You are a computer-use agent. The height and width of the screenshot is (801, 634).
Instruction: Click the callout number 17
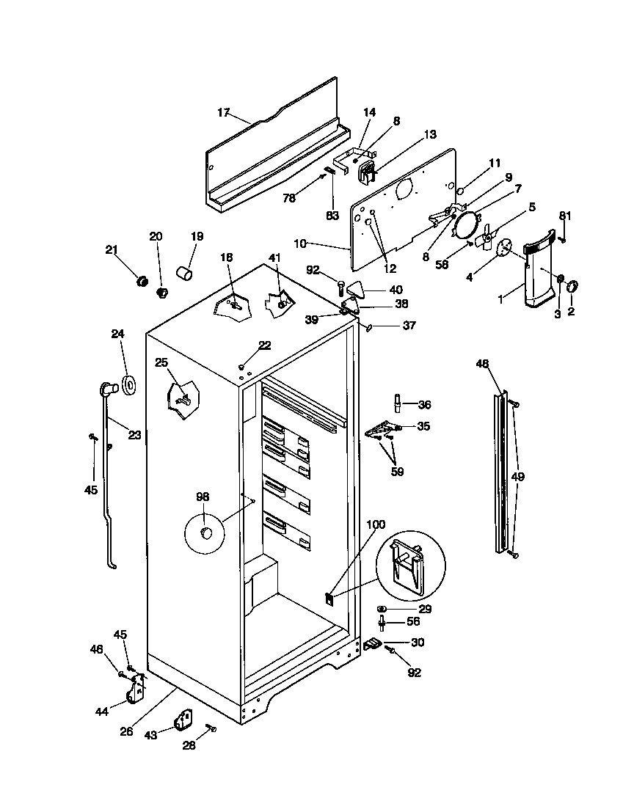tap(223, 112)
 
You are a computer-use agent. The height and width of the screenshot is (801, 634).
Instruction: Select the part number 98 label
tap(203, 497)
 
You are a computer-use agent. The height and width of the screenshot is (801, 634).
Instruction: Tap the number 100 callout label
tap(375, 524)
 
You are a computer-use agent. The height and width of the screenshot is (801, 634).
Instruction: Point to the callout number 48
tap(481, 364)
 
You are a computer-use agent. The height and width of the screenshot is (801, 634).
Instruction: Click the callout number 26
tap(126, 731)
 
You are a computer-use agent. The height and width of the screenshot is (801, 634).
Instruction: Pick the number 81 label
tap(564, 216)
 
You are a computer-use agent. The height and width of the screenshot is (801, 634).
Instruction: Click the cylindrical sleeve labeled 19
tap(185, 274)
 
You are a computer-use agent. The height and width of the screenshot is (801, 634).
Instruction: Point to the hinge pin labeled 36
tap(397, 403)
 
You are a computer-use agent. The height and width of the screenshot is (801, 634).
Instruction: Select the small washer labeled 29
tap(382, 609)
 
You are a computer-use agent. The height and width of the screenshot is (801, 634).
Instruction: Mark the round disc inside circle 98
tap(205, 532)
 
